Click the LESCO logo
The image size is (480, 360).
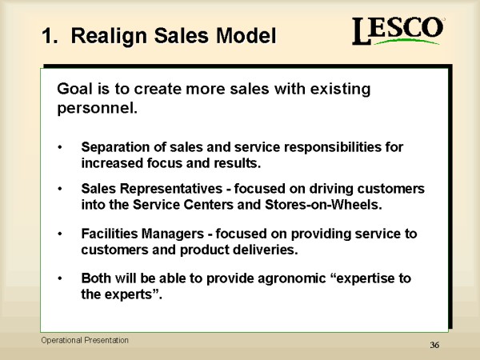pos(398,30)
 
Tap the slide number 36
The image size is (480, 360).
pos(434,345)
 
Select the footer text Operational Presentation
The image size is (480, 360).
pos(85,341)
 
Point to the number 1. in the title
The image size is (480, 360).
pos(50,36)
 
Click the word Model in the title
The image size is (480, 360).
pos(246,36)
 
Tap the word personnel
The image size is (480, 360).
pos(98,108)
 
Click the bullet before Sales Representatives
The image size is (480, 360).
pos(60,189)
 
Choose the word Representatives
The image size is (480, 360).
pos(171,189)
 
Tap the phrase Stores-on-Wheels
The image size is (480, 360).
pos(323,205)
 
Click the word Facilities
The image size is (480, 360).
pos(110,234)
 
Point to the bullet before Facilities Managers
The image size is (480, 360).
pos(60,234)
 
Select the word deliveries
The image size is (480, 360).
pos(265,250)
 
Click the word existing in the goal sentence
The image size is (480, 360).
pos(340,90)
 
